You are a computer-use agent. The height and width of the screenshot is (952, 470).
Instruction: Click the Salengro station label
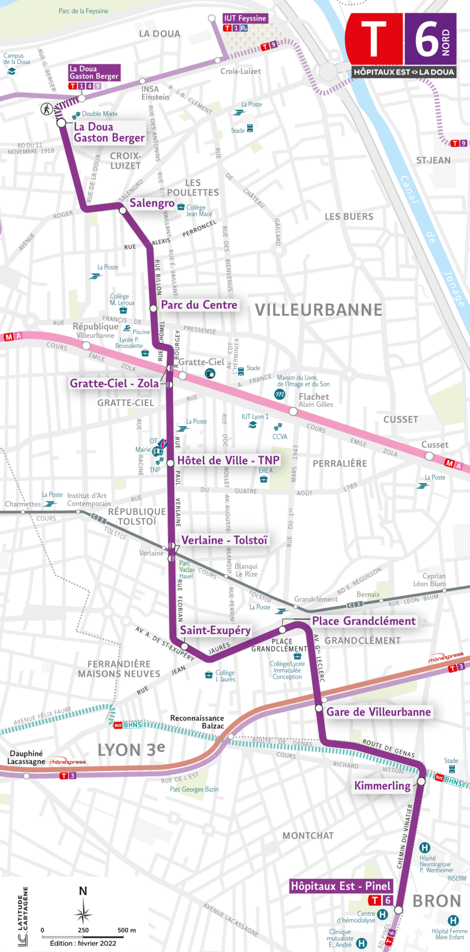pos(152,203)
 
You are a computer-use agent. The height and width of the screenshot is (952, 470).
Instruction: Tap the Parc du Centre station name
pos(199,305)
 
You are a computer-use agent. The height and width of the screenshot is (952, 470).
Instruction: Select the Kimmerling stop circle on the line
pos(421,781)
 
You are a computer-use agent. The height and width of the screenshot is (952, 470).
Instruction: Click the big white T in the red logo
pos(374,39)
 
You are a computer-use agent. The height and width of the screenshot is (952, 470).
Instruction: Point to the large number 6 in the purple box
pos(426,39)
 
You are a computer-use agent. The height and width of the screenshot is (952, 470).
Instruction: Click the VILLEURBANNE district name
pos(318,310)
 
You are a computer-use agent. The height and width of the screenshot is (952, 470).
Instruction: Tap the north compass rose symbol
pos(83,913)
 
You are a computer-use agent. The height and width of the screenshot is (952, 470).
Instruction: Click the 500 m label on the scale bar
pos(126,930)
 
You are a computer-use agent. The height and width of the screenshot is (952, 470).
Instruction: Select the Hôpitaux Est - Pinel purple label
pos(341,886)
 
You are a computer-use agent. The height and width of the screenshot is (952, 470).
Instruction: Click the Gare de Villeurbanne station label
pos(378,712)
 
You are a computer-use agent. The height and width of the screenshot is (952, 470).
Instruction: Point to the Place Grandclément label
pos(364,621)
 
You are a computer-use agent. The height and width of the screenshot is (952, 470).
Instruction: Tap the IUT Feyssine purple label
pos(245,18)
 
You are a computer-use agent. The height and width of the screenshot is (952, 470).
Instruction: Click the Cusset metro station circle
pos(429,456)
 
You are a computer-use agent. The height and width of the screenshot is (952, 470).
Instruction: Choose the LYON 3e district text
pos(131,750)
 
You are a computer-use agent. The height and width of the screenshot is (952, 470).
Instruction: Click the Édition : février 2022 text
pos(83,943)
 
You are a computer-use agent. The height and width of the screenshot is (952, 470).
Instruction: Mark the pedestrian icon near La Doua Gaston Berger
pos(47,109)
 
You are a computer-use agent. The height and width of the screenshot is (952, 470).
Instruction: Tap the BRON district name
pos(437,901)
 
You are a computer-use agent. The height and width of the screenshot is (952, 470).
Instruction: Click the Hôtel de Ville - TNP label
pos(228,460)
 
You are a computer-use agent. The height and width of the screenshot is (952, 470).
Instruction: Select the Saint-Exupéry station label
pos(215,630)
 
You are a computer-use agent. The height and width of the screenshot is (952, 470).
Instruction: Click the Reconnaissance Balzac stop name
pos(197,722)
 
